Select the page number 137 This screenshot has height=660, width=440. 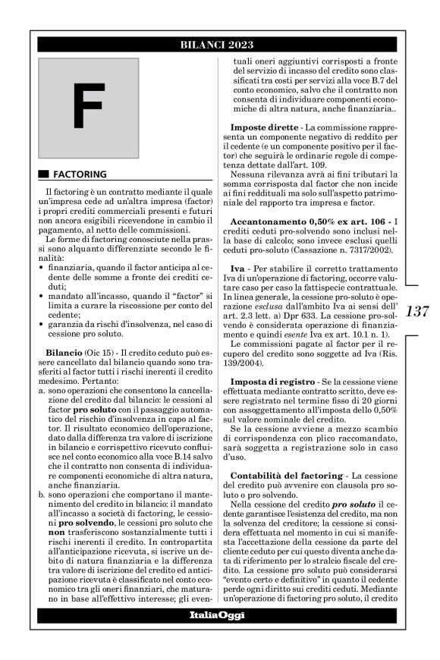[x=419, y=311]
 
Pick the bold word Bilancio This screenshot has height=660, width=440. [x=68, y=354]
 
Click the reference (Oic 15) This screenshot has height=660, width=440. [x=105, y=354]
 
